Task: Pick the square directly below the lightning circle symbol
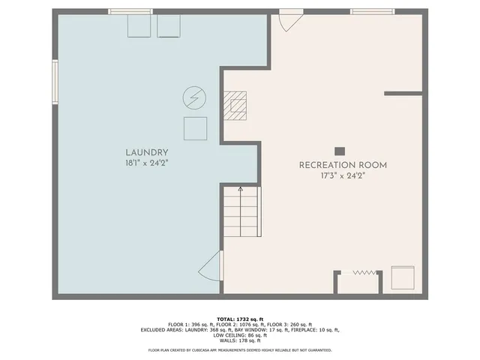195,128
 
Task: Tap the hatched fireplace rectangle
235,106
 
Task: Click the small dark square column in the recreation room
340,150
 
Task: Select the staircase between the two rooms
240,211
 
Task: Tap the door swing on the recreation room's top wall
289,21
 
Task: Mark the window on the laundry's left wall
55,82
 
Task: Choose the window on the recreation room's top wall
372,12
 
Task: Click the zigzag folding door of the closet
364,272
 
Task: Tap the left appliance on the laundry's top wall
139,25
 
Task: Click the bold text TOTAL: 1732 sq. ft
240,318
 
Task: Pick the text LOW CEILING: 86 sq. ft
240,335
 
